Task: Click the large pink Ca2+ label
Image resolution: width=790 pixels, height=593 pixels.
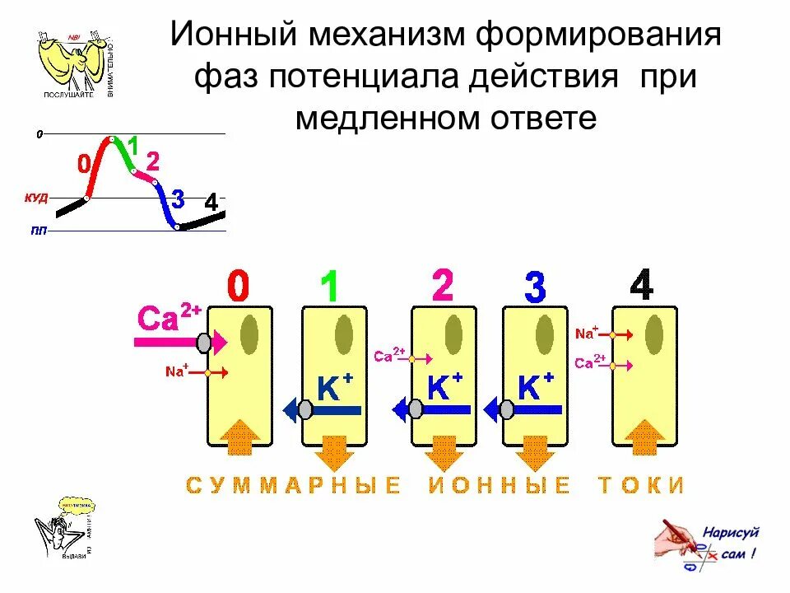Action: pyautogui.click(x=169, y=318)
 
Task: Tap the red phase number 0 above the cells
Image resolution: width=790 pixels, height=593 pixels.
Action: pyautogui.click(x=236, y=287)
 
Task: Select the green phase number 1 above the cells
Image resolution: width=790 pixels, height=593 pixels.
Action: pyautogui.click(x=329, y=287)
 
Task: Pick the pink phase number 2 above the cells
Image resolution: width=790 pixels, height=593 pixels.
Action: pyautogui.click(x=442, y=286)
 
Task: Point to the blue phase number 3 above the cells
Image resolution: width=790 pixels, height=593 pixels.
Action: pyautogui.click(x=534, y=287)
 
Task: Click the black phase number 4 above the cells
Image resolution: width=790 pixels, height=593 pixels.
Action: pyautogui.click(x=641, y=286)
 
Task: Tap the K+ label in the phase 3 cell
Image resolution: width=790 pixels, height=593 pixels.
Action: pyautogui.click(x=536, y=386)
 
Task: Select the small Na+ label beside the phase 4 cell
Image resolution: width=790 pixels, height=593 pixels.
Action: pyautogui.click(x=587, y=334)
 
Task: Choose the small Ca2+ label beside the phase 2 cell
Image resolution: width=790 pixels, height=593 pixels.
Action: pyautogui.click(x=388, y=356)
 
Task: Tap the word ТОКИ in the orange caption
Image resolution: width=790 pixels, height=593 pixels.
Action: pyautogui.click(x=641, y=485)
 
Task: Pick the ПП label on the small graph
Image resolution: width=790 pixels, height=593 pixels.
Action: pyautogui.click(x=39, y=231)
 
